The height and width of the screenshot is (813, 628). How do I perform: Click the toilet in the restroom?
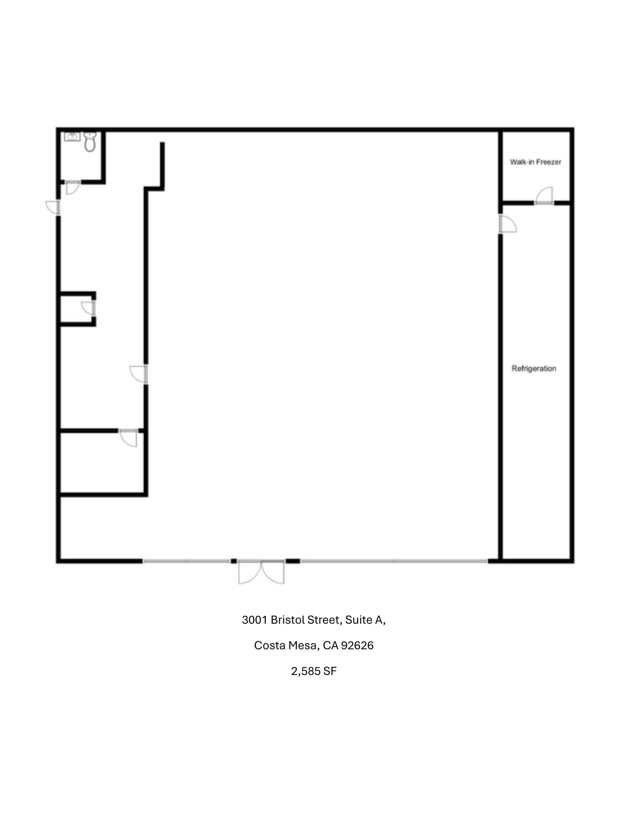pyautogui.click(x=90, y=142)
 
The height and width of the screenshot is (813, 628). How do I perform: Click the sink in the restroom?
pyautogui.click(x=72, y=137)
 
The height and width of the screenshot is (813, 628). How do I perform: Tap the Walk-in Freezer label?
pyautogui.click(x=535, y=162)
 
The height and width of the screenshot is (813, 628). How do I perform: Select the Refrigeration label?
pyautogui.click(x=534, y=368)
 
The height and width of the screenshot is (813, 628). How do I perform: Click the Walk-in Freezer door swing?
pyautogui.click(x=545, y=196)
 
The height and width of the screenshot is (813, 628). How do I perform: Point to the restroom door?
pyautogui.click(x=72, y=187)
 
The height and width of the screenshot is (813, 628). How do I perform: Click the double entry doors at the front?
pyautogui.click(x=261, y=572)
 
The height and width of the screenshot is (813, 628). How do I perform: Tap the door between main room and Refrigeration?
pyautogui.click(x=507, y=224)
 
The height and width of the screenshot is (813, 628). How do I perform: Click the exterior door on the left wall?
pyautogui.click(x=53, y=207)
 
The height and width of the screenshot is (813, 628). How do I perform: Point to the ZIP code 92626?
pyautogui.click(x=357, y=645)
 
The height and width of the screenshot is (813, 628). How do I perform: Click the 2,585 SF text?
pyautogui.click(x=314, y=671)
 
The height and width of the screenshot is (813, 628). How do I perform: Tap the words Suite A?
pyautogui.click(x=365, y=620)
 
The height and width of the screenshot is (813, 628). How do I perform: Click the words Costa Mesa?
pyautogui.click(x=285, y=645)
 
